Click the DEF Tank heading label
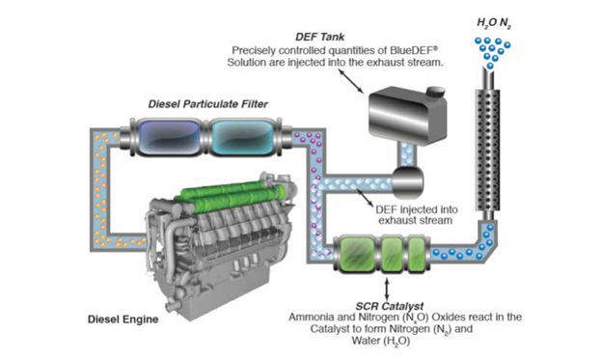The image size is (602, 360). click(x=320, y=37)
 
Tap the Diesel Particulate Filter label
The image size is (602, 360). click(x=207, y=104)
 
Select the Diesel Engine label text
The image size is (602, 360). click(x=123, y=319)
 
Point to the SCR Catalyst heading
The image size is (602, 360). click(x=390, y=306)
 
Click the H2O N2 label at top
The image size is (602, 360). click(x=494, y=23)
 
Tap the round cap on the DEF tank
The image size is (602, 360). click(x=435, y=93)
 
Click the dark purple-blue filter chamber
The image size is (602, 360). click(x=168, y=138)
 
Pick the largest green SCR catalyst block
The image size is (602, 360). click(x=358, y=254)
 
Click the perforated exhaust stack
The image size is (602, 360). click(x=488, y=150)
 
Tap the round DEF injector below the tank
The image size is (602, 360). click(x=407, y=181)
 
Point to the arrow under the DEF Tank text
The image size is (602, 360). click(x=350, y=82)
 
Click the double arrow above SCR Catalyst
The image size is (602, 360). click(x=387, y=289)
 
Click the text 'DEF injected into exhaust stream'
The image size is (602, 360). click(x=416, y=215)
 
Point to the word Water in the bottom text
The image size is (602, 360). click(x=364, y=341)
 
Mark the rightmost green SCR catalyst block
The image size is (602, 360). click(x=416, y=254)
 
